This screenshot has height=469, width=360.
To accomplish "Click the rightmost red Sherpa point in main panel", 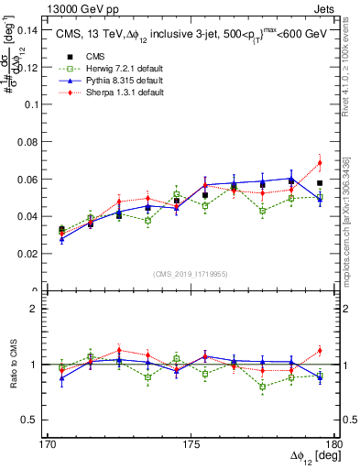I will tap(320, 163).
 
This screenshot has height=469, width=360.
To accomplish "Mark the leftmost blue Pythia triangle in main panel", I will tap(61, 239).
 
